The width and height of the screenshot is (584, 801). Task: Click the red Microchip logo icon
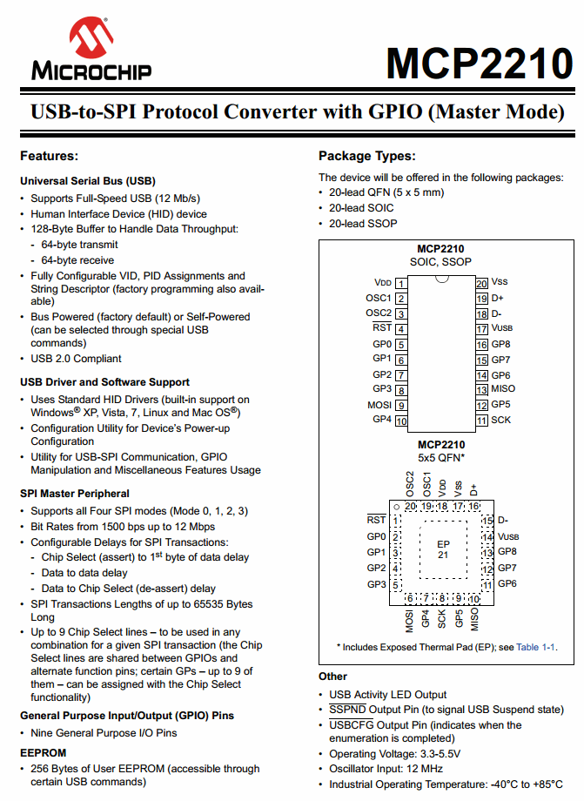(x=91, y=38)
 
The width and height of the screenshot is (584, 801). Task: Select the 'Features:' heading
(x=50, y=156)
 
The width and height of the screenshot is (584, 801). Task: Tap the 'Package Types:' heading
(x=366, y=156)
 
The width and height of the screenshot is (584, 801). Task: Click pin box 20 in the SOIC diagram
(x=480, y=283)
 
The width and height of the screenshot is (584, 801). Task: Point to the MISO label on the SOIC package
(x=503, y=389)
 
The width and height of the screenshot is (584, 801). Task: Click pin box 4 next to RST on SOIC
(x=401, y=329)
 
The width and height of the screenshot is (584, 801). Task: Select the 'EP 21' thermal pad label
(x=443, y=549)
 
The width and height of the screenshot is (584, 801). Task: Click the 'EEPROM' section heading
(x=43, y=751)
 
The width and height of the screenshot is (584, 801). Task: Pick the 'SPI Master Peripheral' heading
(x=77, y=494)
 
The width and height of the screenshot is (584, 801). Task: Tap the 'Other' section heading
(x=332, y=676)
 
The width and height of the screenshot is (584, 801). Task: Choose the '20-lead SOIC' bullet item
(x=361, y=208)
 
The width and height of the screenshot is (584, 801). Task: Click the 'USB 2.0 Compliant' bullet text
(x=76, y=359)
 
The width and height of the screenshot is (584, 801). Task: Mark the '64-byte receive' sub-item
(x=77, y=260)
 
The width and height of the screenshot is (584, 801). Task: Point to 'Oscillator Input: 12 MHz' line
(x=386, y=769)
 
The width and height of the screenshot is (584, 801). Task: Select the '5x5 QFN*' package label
(x=441, y=457)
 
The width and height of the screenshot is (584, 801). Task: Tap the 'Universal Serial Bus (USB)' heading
(x=87, y=181)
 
